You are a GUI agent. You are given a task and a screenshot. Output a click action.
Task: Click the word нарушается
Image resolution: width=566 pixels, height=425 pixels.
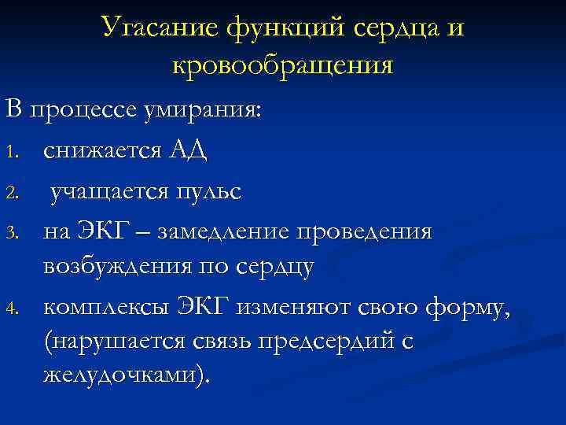126,342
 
